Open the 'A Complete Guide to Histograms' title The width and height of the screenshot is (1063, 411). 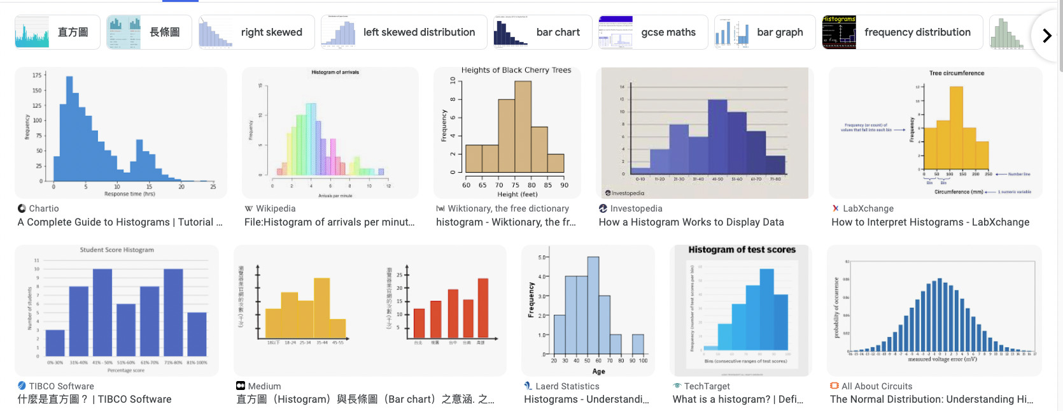coord(120,222)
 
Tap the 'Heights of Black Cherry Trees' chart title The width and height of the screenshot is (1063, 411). coord(516,70)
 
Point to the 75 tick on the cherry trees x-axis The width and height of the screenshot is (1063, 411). coord(515,185)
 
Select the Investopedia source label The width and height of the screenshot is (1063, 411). coord(636,208)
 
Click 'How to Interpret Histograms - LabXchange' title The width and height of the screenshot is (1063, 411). coord(930,222)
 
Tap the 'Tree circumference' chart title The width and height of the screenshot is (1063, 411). coord(956,73)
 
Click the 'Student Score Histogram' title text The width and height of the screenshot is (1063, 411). coord(116,250)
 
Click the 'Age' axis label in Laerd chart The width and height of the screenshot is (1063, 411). coord(598,371)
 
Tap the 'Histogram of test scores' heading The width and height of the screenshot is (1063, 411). coord(742,250)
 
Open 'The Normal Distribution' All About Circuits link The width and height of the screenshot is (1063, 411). coord(931,400)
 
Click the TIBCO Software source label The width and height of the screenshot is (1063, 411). coord(61,386)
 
